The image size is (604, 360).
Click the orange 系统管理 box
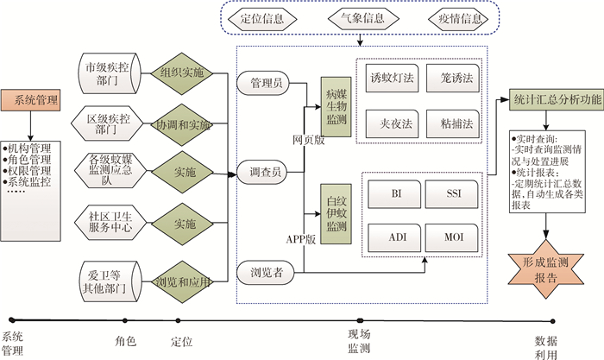(31, 100)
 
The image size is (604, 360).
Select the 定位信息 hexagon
(262, 18)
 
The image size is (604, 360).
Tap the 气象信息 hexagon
(362, 18)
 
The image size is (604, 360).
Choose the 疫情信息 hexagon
(458, 18)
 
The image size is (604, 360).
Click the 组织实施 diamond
(182, 73)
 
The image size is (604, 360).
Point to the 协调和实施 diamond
(182, 124)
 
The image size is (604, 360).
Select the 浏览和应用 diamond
(182, 281)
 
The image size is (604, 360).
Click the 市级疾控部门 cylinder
(110, 73)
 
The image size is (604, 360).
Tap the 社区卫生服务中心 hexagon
(110, 223)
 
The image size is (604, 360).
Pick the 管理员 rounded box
(263, 83)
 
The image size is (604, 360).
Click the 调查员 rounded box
(263, 172)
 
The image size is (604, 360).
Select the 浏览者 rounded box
(265, 273)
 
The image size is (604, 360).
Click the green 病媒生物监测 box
(337, 107)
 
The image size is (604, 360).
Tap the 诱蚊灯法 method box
(392, 79)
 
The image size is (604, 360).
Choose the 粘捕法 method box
(453, 123)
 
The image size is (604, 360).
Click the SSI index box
(452, 194)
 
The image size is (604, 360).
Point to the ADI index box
(394, 237)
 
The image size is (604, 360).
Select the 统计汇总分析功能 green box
(557, 100)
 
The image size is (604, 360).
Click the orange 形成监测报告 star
(546, 269)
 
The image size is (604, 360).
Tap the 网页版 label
(309, 141)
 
